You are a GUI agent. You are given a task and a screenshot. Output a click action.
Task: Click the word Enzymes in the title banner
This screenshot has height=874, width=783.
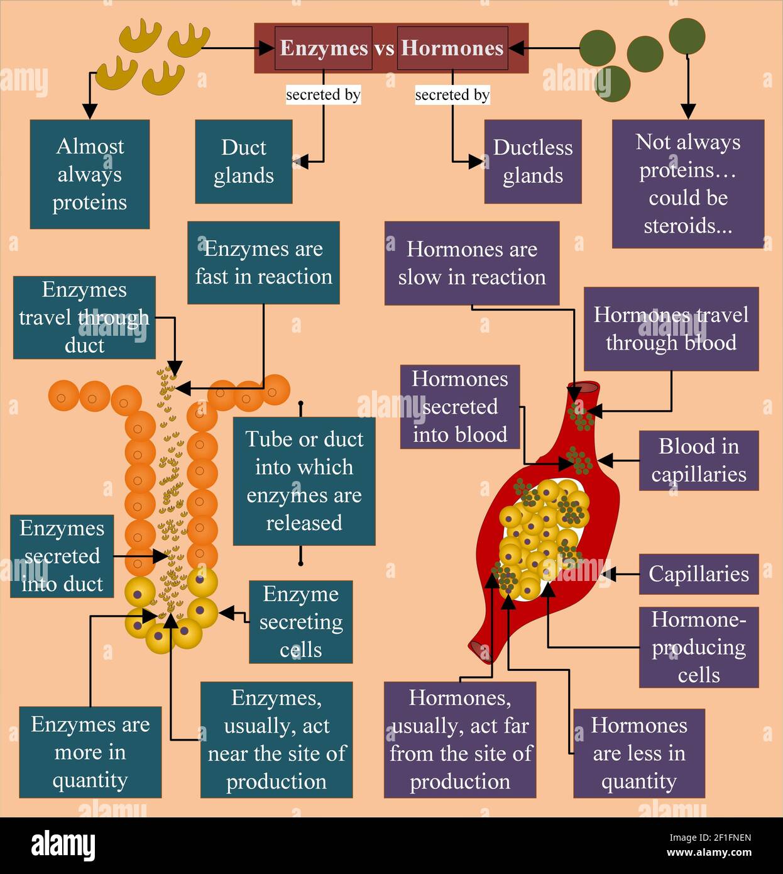[x=324, y=48]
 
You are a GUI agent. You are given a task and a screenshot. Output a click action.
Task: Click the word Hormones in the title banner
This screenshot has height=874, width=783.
[x=452, y=48]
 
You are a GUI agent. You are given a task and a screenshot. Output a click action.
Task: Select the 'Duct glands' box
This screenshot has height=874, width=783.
[x=244, y=162]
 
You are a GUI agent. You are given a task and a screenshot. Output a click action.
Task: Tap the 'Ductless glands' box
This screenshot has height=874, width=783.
[x=533, y=162]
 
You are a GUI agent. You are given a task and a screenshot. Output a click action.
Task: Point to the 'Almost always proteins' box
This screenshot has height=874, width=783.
[x=90, y=174]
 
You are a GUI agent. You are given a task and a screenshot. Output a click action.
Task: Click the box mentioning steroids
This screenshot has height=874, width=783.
[x=688, y=184]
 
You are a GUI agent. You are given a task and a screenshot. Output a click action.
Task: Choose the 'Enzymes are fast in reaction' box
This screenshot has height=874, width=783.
[x=263, y=263]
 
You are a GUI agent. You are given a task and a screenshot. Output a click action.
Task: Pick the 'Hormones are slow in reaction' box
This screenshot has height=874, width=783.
[x=472, y=263]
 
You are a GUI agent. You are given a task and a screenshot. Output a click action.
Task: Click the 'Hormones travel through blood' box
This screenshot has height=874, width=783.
[x=671, y=329]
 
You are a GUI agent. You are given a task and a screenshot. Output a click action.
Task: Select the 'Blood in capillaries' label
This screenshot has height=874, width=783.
[x=699, y=460]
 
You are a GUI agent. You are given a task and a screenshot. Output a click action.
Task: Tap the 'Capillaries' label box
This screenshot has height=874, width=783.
[x=699, y=574]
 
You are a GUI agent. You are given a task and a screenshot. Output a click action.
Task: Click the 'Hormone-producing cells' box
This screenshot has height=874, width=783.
[x=699, y=647]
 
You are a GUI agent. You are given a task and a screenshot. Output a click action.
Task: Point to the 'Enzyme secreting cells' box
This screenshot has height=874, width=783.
[x=300, y=622]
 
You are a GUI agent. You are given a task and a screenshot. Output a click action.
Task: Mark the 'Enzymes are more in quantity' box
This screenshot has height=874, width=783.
[x=90, y=752]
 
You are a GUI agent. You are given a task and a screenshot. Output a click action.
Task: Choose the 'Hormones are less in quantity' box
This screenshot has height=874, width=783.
[x=638, y=753]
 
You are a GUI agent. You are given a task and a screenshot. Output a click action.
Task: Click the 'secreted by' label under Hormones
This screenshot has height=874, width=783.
[x=452, y=95]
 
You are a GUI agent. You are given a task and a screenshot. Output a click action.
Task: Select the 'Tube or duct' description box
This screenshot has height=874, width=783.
[x=304, y=481]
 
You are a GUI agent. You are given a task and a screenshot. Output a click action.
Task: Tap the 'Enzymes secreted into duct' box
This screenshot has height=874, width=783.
[x=62, y=556]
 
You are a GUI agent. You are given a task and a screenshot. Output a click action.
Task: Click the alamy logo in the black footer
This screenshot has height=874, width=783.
[x=63, y=846]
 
